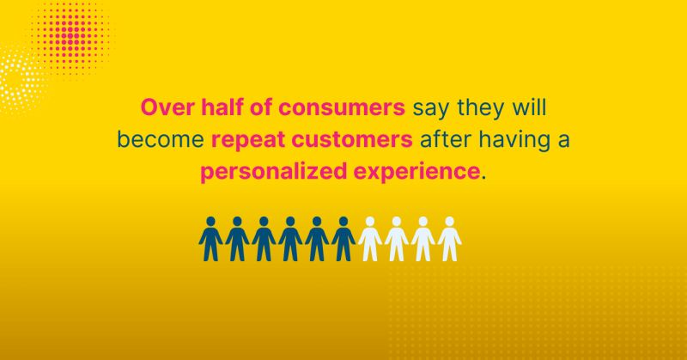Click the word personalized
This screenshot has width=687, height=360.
point(268,169)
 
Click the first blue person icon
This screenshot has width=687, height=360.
point(210,239)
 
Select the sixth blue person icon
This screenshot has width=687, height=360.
point(343,239)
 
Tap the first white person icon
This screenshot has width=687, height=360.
point(369,239)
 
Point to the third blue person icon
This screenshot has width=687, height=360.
point(263,239)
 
